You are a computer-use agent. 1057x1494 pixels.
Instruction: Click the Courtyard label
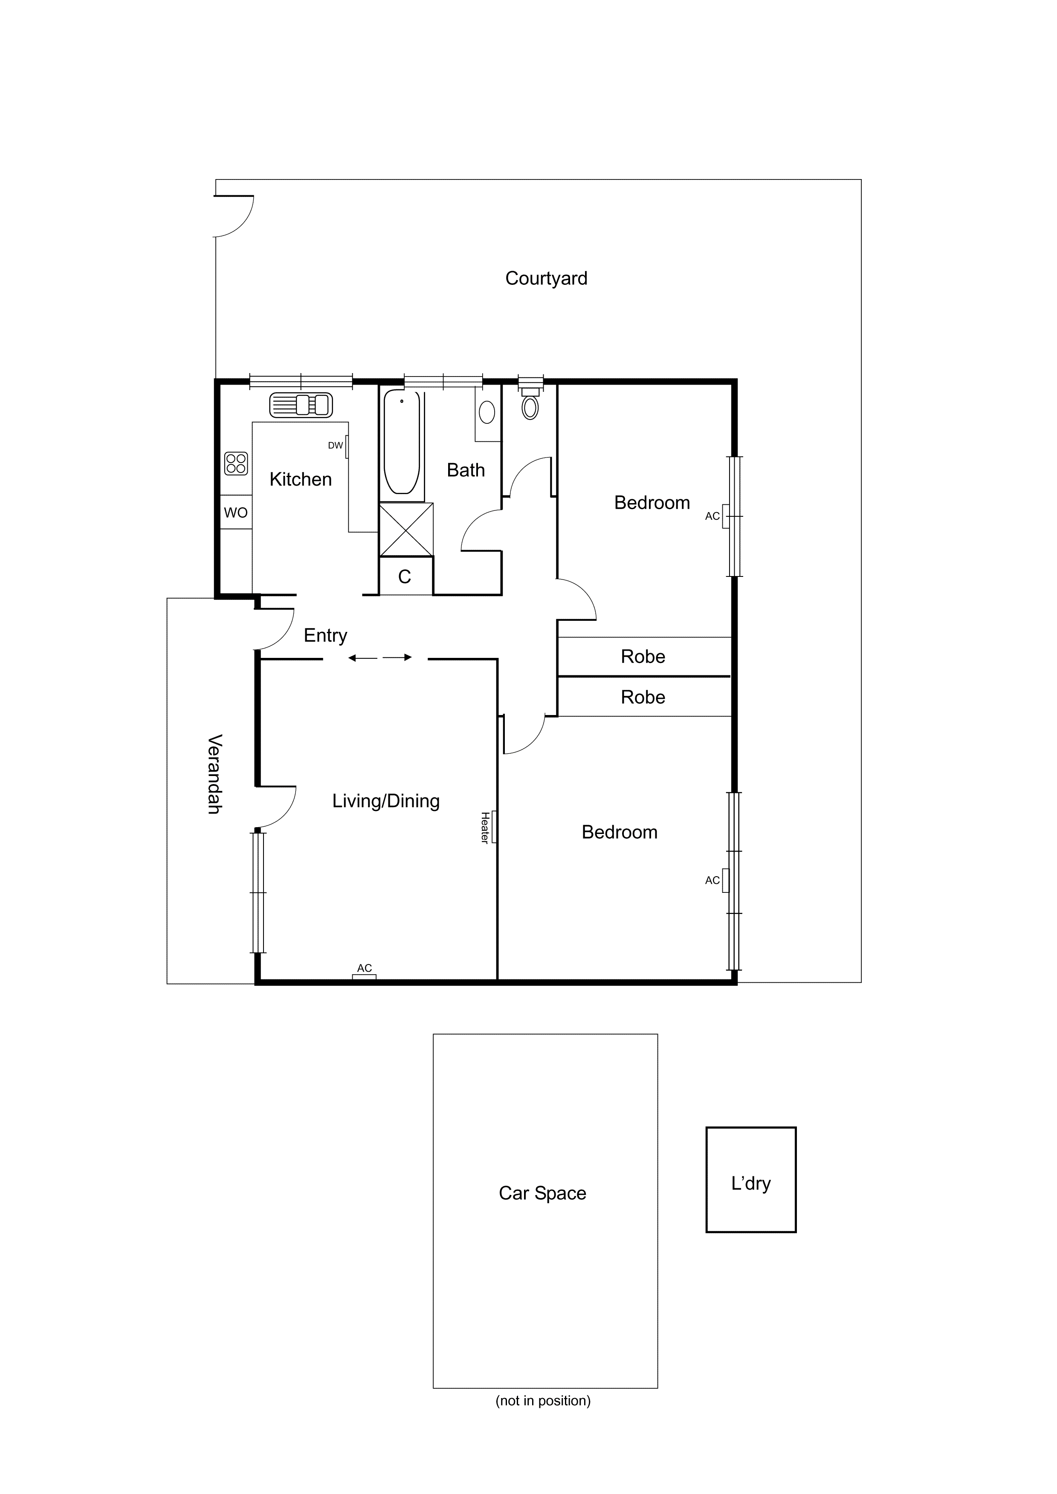pos(546,278)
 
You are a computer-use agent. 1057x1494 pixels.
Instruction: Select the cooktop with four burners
pos(236,463)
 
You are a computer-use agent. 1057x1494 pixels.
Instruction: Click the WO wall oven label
pos(236,513)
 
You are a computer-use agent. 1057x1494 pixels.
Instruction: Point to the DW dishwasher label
pos(335,446)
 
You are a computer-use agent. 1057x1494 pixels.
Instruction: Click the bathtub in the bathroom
pos(402,443)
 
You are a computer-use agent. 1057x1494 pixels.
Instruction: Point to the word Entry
pos(325,635)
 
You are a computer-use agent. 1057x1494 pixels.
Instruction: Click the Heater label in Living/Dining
pos(485,828)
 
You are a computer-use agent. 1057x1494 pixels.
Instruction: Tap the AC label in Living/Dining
pos(365,968)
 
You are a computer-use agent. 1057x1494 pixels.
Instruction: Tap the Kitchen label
pos(301,480)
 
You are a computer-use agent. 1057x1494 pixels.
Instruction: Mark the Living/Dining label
pos(386,801)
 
